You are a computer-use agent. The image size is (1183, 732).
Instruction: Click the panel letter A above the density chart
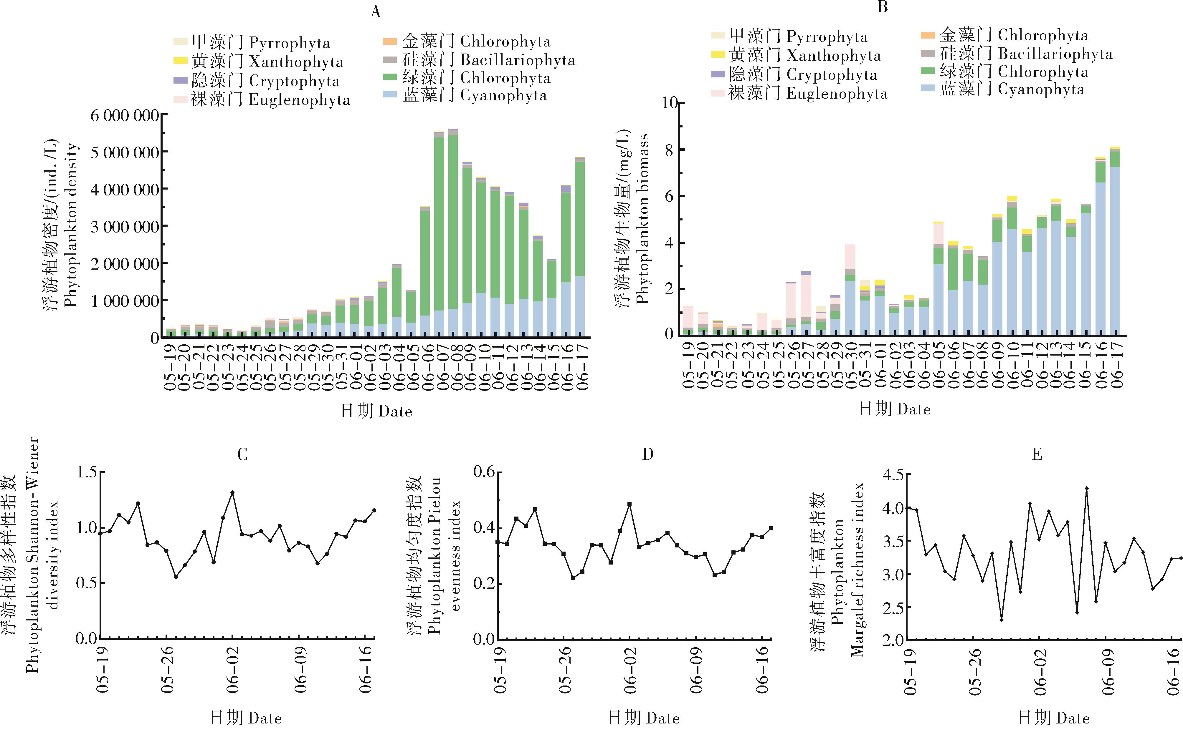pos(376,12)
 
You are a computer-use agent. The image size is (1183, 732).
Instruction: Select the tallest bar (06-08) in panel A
pos(453,233)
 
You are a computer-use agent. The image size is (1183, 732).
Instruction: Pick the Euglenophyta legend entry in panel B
pos(799,93)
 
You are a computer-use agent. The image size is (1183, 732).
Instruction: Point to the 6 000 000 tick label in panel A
pos(125,116)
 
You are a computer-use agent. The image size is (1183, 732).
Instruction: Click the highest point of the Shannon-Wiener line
pos(232,492)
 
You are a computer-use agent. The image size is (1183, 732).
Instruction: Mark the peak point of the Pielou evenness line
pos(629,504)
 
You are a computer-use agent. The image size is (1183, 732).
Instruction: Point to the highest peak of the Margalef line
pos(1087,489)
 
